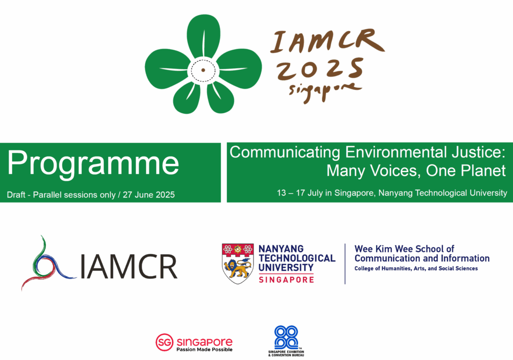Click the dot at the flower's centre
click(203, 70)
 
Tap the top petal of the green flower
click(203, 37)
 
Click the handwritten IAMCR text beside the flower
click(327, 41)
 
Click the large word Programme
click(93, 163)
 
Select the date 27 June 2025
click(148, 195)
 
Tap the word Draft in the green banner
click(16, 195)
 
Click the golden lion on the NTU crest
click(238, 268)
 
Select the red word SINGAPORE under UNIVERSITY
click(286, 280)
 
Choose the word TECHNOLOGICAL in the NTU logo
click(297, 258)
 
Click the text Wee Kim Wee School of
click(404, 249)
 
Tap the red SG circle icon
click(164, 342)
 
